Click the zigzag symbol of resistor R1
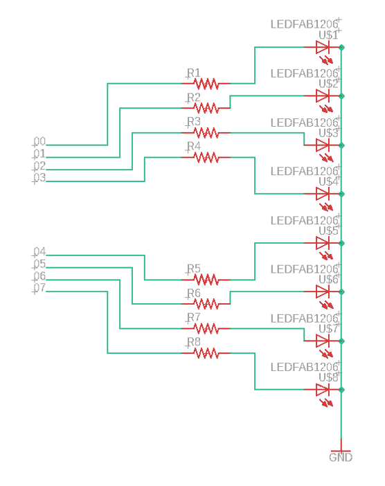pos(206,84)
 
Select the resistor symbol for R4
pos(206,158)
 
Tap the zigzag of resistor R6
pos(206,304)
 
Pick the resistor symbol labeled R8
pos(206,353)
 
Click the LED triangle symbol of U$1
pos(323,47)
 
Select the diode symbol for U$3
pos(323,145)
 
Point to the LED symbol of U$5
pos(323,243)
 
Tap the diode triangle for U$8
pos(323,390)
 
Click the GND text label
pos(341,458)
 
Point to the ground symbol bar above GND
pos(341,451)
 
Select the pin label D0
pos(39,142)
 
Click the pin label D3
pos(39,178)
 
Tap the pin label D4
pos(39,252)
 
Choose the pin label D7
pos(39,288)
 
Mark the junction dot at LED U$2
pos(341,96)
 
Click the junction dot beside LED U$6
pos(341,292)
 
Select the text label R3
pos(194,122)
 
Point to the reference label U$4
pos(329,182)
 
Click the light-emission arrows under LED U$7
pos(326,353)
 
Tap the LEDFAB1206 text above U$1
pos(304,24)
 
